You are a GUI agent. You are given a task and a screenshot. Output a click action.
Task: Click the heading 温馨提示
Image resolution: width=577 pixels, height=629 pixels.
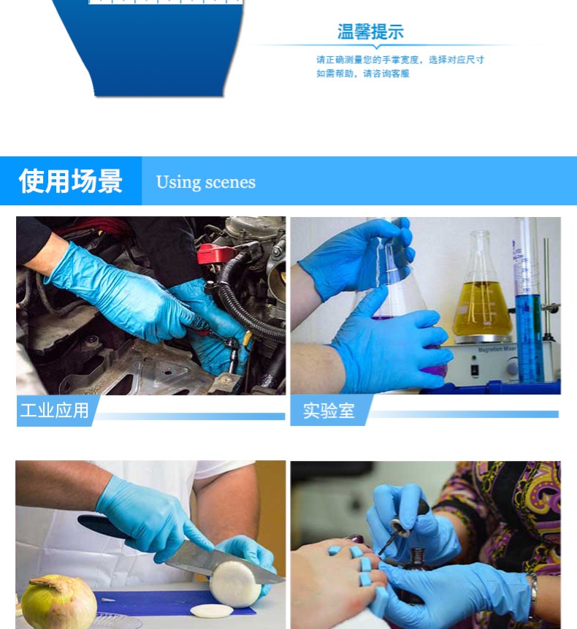point(370,31)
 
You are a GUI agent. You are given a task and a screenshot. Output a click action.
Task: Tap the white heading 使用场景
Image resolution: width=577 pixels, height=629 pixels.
point(71,181)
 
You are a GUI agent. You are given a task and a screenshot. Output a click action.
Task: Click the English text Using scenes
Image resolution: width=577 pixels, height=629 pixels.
point(206,182)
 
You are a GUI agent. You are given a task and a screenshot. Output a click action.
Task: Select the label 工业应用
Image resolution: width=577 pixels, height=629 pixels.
point(54,411)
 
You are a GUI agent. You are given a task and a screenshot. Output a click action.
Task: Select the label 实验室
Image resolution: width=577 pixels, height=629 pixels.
point(329,411)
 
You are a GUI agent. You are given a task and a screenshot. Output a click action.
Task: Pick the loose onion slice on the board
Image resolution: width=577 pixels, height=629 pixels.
point(212,610)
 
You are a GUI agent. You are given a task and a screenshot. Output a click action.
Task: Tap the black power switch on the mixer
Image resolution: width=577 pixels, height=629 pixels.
point(474,370)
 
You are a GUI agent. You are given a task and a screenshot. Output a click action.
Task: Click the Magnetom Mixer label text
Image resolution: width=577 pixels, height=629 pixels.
point(497,349)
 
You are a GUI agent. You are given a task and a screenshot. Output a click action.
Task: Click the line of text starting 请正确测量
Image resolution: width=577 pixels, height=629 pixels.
point(400,60)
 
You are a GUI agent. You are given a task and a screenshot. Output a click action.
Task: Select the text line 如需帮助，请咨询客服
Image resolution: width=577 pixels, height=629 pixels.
point(362,73)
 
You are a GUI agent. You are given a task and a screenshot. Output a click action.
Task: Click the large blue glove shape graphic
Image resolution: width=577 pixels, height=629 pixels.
point(153,48)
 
